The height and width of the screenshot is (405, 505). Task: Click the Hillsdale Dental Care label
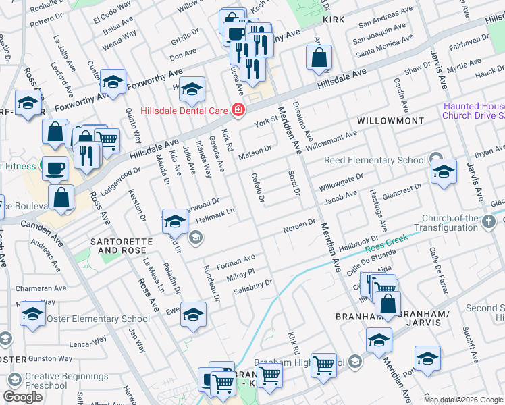point(182,110)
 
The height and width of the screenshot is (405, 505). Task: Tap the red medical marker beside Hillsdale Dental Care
point(237,109)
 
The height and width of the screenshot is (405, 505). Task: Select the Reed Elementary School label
point(375,160)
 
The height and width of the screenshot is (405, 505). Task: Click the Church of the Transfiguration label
point(450,223)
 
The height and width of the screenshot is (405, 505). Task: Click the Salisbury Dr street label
point(252,286)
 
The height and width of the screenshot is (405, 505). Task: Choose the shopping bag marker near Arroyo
point(319,59)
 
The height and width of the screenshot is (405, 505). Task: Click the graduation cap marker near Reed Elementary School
point(444,171)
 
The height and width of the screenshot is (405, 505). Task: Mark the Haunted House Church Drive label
point(474,111)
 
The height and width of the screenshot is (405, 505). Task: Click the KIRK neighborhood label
point(334,20)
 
